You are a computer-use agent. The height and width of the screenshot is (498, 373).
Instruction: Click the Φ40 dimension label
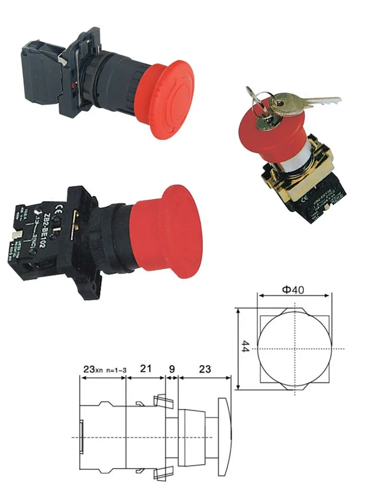(294, 289)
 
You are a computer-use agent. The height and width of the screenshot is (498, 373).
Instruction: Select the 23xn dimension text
(92, 369)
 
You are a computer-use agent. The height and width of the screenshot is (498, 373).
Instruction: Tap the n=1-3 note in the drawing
(113, 370)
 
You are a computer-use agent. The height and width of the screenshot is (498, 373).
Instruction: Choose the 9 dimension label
(172, 369)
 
